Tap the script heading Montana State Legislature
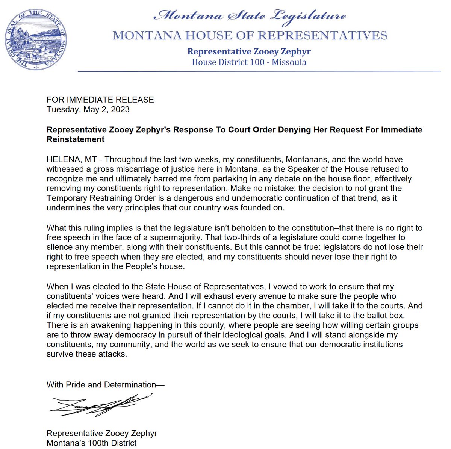click(250, 16)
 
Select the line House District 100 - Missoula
click(249, 62)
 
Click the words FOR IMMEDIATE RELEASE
click(100, 100)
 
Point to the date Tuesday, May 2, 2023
click(88, 109)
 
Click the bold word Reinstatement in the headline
click(76, 139)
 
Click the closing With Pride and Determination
click(106, 385)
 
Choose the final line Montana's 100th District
click(91, 443)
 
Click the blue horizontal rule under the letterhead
click(259, 71)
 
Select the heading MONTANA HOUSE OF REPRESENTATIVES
click(250, 36)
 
